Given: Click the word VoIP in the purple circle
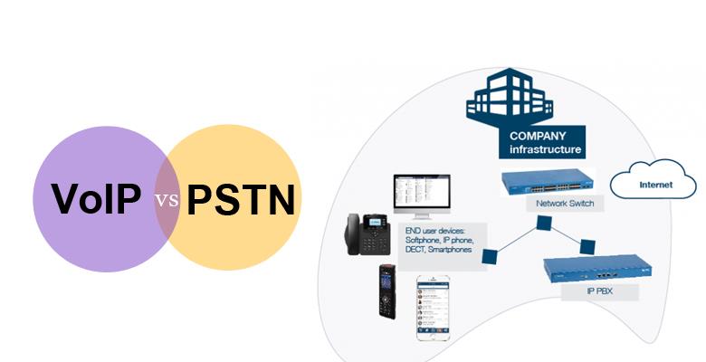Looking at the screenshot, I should [x=96, y=199].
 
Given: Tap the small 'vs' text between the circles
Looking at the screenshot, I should [x=166, y=200].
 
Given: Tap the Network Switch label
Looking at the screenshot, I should [x=566, y=204].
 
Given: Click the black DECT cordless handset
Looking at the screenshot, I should [x=387, y=291].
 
